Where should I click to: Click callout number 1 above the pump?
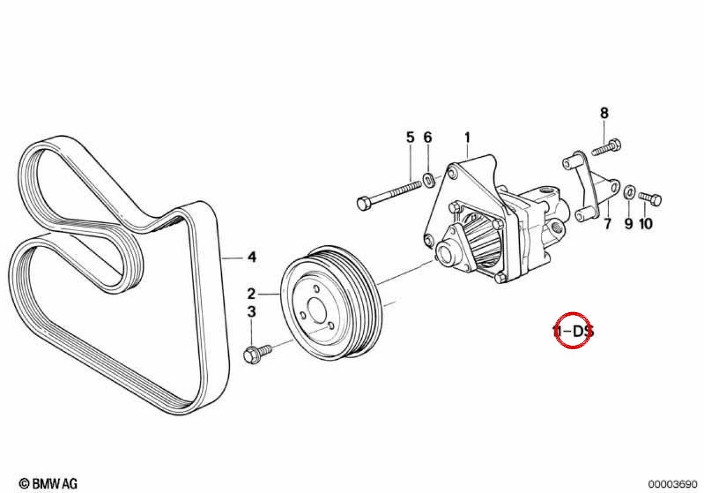point(468,138)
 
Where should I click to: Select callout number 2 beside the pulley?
point(251,293)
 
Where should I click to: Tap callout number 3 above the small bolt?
point(252,312)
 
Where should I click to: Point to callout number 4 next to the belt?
point(252,257)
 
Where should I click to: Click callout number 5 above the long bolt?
point(411,137)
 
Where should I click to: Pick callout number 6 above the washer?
point(428,137)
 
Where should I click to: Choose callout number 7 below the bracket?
point(608,224)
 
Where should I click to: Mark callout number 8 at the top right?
point(604,113)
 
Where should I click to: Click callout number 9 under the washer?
point(628,224)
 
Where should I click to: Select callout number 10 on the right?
point(645,224)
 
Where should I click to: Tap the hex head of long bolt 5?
point(364,204)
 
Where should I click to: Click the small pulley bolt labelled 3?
point(258,354)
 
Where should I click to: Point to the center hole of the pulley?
point(316,310)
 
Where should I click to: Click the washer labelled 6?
point(429,181)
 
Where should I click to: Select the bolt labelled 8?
point(606,147)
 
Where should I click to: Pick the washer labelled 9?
point(629,193)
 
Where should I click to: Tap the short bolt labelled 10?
point(650,199)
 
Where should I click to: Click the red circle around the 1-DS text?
point(573,330)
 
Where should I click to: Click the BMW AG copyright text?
point(48,484)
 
